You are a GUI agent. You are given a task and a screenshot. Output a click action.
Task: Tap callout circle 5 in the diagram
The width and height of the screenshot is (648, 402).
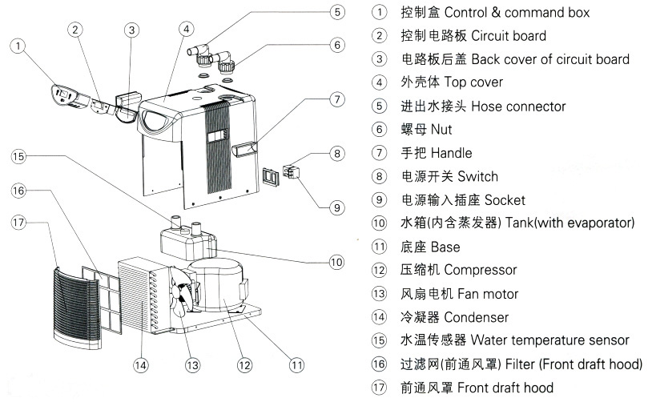338,12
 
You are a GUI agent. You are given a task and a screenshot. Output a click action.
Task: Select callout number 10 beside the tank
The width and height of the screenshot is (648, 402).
336,261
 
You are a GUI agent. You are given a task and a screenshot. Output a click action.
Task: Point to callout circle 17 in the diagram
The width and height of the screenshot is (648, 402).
18,222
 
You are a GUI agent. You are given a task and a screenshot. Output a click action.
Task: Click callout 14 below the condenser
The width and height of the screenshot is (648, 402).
140,365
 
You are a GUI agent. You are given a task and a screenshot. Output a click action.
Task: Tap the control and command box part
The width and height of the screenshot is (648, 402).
65,95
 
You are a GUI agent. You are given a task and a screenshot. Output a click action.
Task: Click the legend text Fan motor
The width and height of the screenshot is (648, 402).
481,294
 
